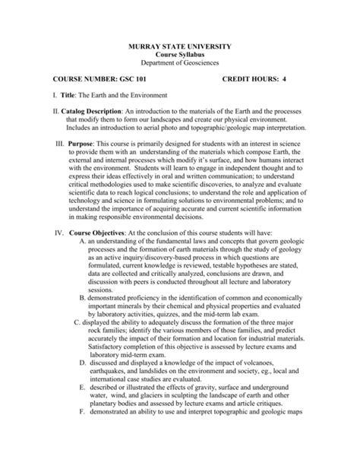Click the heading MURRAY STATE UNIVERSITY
click(179, 47)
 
